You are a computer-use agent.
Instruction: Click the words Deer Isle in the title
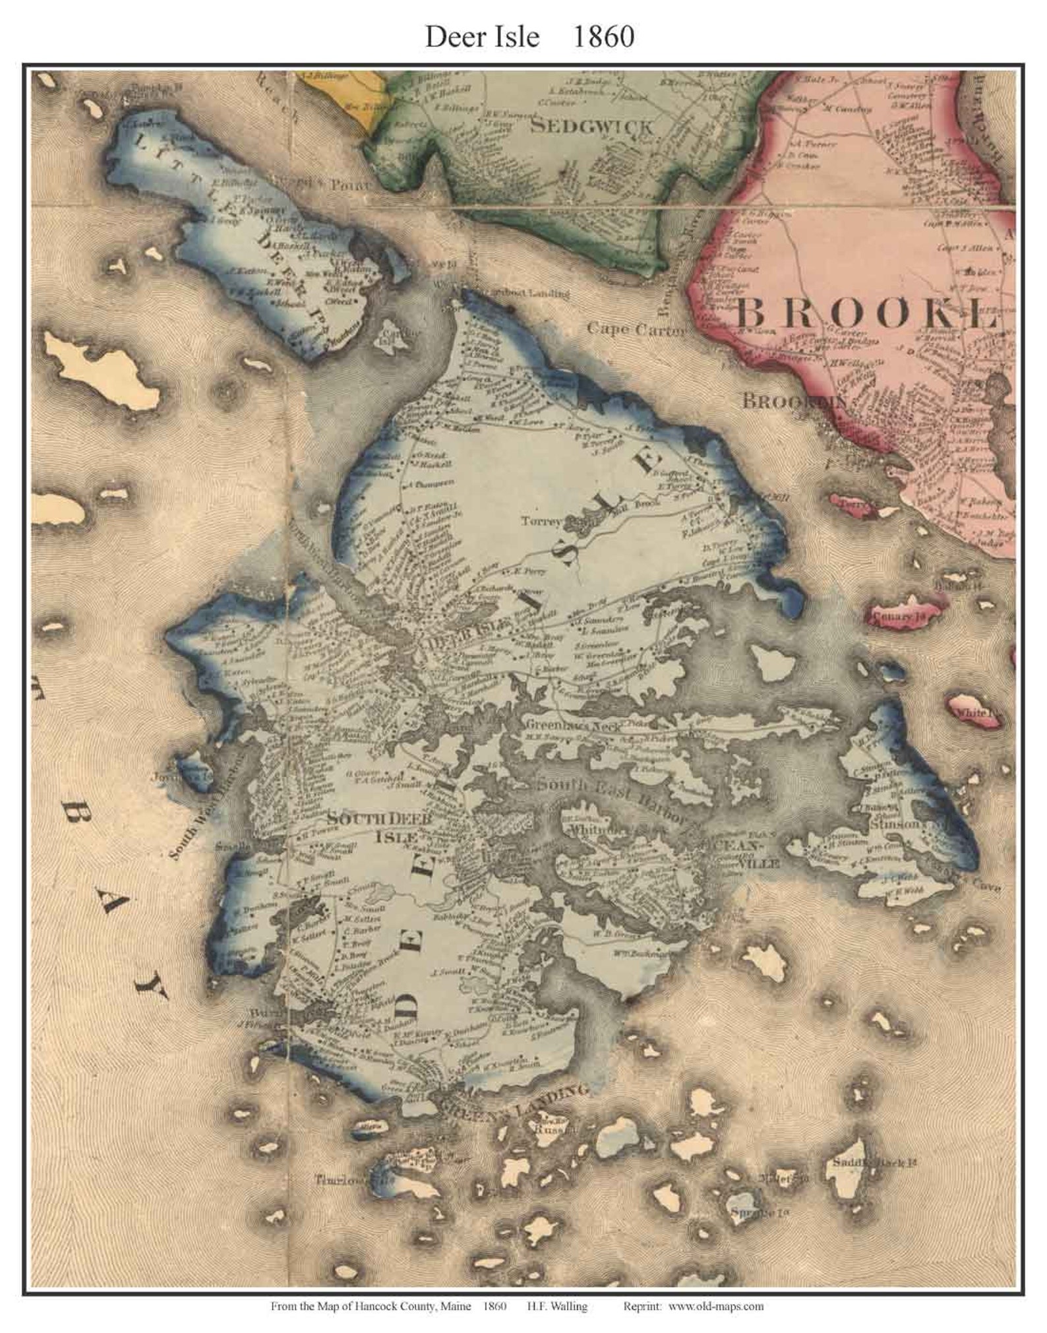[481, 38]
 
